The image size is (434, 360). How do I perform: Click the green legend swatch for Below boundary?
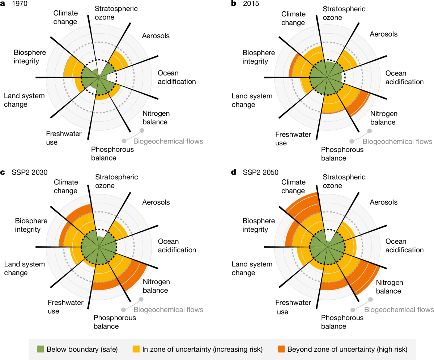41,349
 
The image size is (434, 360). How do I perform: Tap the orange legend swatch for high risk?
281,349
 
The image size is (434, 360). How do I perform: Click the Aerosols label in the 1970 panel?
156,36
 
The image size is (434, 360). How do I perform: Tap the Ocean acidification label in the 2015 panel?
404,77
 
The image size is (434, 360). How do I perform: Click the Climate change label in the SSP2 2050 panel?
293,186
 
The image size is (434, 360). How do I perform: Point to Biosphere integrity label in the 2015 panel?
259,57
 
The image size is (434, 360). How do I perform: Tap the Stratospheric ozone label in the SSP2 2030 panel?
116,181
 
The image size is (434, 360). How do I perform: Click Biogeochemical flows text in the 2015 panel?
397,141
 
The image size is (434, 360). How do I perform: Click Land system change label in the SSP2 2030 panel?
25,269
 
